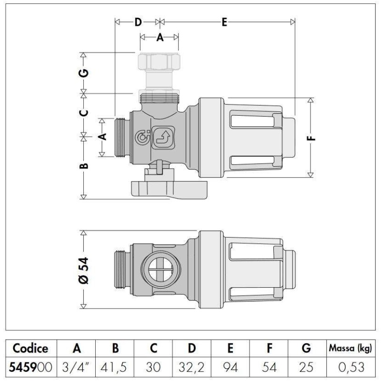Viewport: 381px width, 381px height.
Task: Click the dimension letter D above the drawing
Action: pos(138,22)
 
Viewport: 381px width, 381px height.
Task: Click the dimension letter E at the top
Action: pos(224,22)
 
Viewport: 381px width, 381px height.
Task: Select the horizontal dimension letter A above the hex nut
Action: pos(160,38)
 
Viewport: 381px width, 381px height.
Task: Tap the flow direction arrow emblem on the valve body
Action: pos(163,137)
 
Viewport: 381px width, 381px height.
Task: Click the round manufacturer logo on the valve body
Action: pos(142,137)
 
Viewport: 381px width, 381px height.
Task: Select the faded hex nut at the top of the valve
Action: pos(159,61)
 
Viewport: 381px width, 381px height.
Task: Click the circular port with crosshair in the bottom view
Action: pos(160,270)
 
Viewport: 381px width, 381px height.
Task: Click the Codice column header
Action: pos(30,348)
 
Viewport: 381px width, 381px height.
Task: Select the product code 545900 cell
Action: pos(30,367)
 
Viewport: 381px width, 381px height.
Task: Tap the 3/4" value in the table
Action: pos(76,367)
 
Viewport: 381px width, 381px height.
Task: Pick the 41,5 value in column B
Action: pos(114,367)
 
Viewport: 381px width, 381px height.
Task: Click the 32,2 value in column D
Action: pos(191,367)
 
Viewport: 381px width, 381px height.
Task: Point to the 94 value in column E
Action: pos(230,367)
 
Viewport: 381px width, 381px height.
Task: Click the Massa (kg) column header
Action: pos(350,348)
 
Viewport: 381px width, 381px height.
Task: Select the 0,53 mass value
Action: pos(351,367)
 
